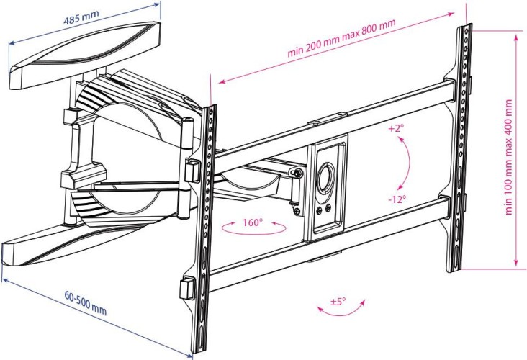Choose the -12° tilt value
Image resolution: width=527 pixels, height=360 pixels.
tap(397, 198)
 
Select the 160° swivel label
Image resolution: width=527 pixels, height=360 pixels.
tap(253, 222)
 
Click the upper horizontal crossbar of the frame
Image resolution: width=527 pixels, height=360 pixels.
tap(331, 119)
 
